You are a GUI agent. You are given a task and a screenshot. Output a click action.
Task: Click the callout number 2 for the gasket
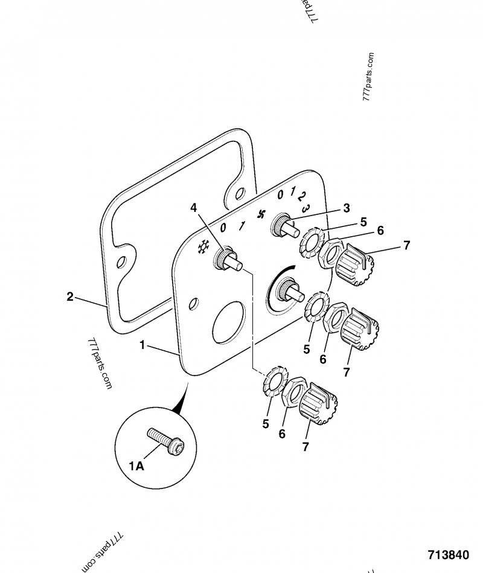click(70, 296)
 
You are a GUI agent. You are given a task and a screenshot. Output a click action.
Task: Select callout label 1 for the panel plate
click(142, 345)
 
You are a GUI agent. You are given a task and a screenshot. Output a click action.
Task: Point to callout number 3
click(346, 208)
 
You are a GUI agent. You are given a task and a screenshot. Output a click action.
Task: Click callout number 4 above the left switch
click(194, 208)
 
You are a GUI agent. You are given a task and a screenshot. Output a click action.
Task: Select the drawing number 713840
click(447, 555)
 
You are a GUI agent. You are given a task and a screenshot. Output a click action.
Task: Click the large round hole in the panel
click(228, 321)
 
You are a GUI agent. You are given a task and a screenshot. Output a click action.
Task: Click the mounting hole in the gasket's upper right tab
click(240, 194)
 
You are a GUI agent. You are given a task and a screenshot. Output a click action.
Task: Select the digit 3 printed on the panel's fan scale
click(306, 208)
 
